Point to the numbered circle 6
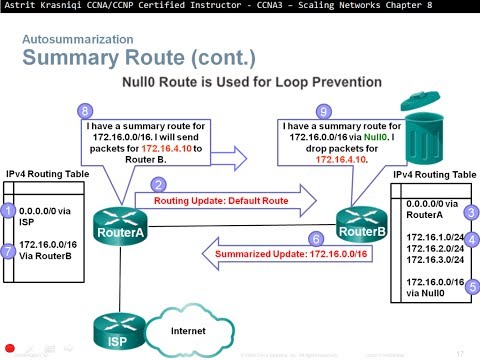coord(316,239)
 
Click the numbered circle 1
coord(9,212)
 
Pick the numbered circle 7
coord(9,251)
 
